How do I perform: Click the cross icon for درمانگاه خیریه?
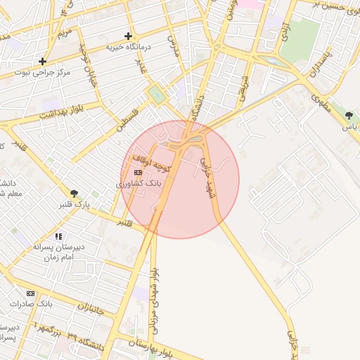(x=128, y=36)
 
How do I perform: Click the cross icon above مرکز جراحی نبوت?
(x=43, y=61)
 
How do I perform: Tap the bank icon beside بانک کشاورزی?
(x=138, y=172)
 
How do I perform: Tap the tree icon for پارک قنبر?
(x=74, y=193)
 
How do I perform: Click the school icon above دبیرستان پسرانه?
(x=58, y=237)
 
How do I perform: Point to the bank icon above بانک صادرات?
(x=30, y=292)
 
